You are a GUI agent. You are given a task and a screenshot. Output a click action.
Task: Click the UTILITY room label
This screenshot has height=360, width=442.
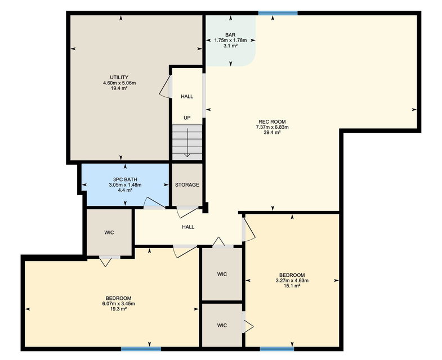point(119,77)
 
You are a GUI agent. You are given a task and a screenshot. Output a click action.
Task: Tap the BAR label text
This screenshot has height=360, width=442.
point(230,35)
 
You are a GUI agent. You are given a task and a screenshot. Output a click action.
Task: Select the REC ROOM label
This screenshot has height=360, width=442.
point(272,121)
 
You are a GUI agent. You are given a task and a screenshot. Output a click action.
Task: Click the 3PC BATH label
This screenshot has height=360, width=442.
point(125,179)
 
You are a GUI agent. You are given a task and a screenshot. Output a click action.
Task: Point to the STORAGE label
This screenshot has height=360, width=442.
point(187,185)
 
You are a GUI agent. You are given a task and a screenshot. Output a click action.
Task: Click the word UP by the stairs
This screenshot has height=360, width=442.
point(187,118)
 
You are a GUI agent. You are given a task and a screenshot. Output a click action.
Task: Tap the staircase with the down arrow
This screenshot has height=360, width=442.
point(187,142)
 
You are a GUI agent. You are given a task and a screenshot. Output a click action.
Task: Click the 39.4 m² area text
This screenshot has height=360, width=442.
point(272,132)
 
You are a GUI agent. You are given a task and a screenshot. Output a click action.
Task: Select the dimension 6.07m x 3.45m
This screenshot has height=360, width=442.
point(119,304)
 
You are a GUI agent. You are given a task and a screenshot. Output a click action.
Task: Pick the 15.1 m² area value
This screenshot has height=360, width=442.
point(292,286)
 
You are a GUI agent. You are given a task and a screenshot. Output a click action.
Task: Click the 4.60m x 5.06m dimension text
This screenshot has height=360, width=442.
point(119,83)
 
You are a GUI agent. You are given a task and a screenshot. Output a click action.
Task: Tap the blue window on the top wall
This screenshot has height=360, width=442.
point(278,13)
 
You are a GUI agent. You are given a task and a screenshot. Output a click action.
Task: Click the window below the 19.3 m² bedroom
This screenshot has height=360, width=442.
point(141,349)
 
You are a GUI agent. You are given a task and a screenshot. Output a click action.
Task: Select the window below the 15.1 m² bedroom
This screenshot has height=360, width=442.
point(277,349)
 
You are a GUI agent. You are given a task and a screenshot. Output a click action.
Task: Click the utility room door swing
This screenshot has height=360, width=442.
point(166,86)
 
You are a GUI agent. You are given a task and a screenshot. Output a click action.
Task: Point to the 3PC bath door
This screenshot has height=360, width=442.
point(154,204)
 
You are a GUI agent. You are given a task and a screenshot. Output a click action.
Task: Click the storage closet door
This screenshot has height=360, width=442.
point(187,212)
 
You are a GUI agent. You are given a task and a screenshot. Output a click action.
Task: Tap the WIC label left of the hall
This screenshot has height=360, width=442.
point(109,232)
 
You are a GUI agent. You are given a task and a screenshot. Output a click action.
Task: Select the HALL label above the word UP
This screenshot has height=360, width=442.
point(187,96)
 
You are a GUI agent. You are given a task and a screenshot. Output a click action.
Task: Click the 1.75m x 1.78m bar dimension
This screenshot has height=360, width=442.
point(231,40)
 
